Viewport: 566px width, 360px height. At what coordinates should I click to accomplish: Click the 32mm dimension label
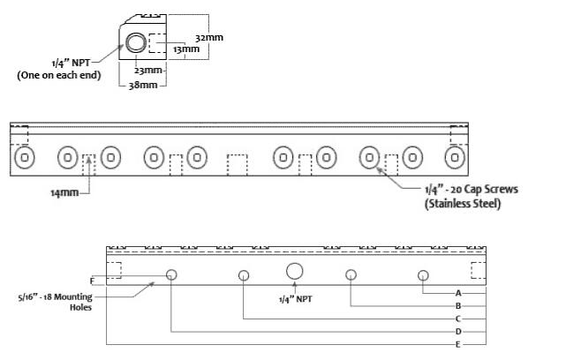[x=208, y=39]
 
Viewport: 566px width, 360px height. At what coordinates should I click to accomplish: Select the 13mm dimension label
[x=186, y=49]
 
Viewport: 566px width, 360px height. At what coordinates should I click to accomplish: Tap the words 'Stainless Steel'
[x=464, y=204]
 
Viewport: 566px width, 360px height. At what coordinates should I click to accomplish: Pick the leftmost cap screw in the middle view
[x=25, y=158]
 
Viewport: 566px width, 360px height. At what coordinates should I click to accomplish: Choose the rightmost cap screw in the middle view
[x=455, y=158]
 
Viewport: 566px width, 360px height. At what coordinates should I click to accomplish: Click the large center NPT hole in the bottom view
[x=295, y=271]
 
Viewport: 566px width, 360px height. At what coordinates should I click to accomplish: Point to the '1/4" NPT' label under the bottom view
[x=297, y=298]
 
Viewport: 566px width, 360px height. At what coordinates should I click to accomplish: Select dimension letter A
[x=458, y=291]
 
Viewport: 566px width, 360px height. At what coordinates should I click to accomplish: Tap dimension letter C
[x=458, y=318]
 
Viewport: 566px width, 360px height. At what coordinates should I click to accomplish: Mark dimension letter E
[x=458, y=343]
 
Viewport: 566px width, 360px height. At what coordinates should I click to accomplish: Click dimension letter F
[x=104, y=281]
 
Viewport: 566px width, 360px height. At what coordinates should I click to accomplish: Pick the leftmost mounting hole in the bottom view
[x=171, y=275]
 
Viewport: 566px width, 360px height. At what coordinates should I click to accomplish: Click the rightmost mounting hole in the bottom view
[x=424, y=275]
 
